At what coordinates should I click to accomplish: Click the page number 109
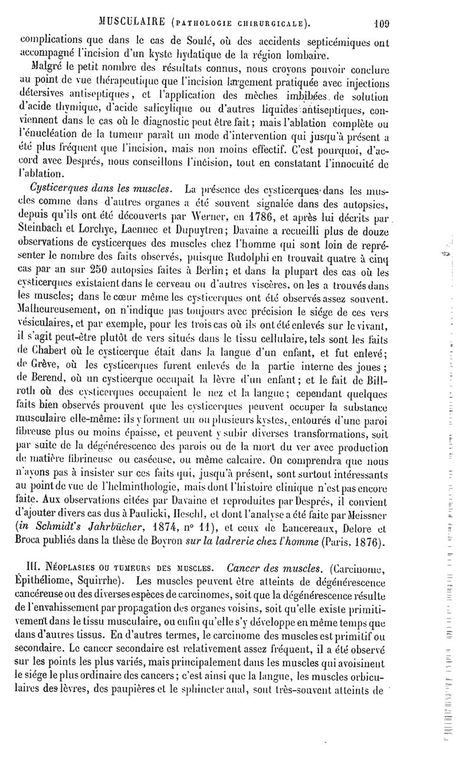click(x=386, y=8)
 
